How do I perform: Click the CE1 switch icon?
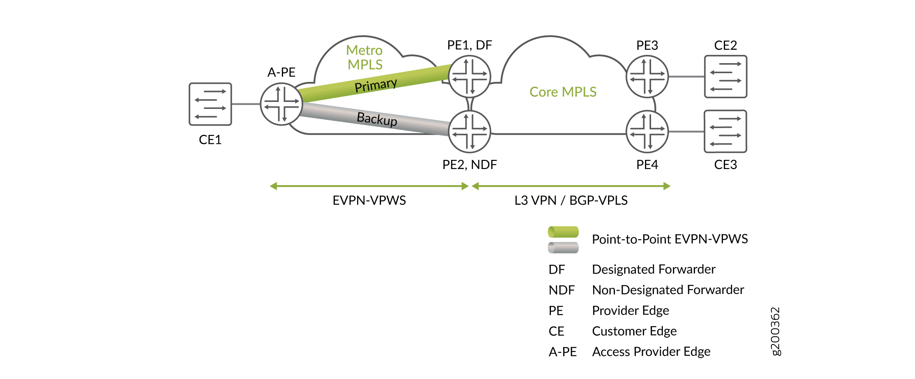click(210, 104)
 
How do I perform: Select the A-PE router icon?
click(281, 104)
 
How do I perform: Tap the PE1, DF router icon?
click(469, 77)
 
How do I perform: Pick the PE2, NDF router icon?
click(469, 132)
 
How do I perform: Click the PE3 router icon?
click(647, 77)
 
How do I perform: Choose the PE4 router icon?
click(647, 132)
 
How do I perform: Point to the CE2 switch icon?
click(726, 77)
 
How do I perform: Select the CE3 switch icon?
click(726, 132)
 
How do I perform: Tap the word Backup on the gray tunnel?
click(377, 119)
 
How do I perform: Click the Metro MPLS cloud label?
click(365, 58)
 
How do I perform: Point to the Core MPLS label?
click(563, 92)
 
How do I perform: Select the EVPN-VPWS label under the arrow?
click(369, 200)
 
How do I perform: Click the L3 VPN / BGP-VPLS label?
click(571, 200)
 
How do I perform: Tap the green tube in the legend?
click(563, 232)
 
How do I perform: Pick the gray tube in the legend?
click(563, 247)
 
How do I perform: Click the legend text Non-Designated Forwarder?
click(668, 290)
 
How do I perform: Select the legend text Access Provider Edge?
click(651, 352)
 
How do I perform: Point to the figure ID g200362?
click(776, 332)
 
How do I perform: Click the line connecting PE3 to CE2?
click(686, 77)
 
